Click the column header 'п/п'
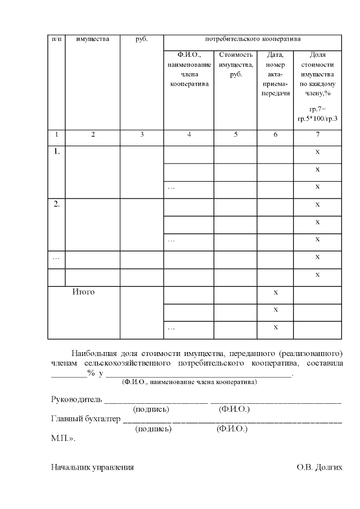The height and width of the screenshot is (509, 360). [56, 39]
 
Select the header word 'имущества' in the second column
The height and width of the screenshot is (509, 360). [93, 39]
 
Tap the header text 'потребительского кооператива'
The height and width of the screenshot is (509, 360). [252, 39]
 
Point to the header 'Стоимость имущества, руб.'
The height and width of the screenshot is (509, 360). [235, 65]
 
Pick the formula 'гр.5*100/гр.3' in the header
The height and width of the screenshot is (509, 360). [317, 119]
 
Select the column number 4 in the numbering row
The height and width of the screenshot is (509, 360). [188, 135]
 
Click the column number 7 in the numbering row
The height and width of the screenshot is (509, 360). [317, 135]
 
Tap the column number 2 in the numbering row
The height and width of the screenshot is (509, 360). [93, 135]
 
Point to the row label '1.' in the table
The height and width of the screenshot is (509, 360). [56, 151]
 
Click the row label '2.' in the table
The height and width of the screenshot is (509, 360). [56, 204]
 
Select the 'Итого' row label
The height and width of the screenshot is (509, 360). [83, 292]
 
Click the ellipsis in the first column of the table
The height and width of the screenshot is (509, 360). [56, 258]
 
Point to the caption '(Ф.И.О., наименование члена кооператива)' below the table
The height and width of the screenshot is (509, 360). [190, 382]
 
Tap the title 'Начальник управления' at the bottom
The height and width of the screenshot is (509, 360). [92, 467]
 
